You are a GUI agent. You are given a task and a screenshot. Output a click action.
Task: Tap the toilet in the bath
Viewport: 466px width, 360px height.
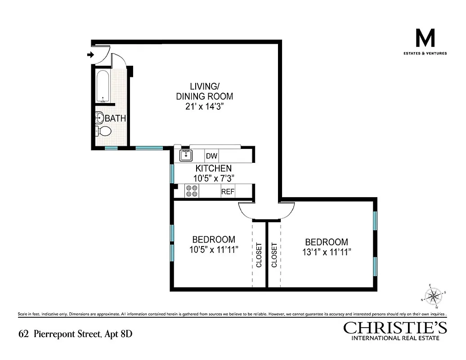coord(103,131)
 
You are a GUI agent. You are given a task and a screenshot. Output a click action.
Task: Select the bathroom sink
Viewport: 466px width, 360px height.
coord(99,118)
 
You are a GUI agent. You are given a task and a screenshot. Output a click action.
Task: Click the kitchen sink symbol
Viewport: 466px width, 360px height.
coord(186,156)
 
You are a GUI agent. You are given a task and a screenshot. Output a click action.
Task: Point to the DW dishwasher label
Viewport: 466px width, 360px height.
coord(211,156)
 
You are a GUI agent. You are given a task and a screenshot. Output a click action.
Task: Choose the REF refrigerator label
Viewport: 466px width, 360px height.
coord(228,192)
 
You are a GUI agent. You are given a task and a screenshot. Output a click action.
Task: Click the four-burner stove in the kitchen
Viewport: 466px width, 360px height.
coord(192,192)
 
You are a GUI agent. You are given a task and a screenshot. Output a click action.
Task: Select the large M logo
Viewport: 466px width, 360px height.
coord(425,39)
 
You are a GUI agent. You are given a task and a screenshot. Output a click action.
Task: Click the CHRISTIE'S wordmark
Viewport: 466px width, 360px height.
coord(391,327)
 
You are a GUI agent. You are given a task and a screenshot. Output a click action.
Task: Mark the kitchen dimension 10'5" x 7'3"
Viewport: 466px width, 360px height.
coord(213,178)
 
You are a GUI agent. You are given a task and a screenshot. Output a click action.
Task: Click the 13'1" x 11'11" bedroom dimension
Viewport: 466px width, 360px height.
coord(326,252)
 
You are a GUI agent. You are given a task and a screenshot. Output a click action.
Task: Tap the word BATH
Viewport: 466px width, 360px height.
coord(115,119)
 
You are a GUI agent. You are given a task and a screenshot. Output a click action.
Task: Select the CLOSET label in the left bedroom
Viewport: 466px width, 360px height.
coord(259,255)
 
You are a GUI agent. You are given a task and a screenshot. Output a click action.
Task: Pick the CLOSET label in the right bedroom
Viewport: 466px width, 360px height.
coord(274,255)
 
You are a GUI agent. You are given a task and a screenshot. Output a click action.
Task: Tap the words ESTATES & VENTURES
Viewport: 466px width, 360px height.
coord(425,53)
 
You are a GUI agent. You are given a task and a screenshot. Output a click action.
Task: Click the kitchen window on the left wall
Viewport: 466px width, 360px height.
coord(172,173)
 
